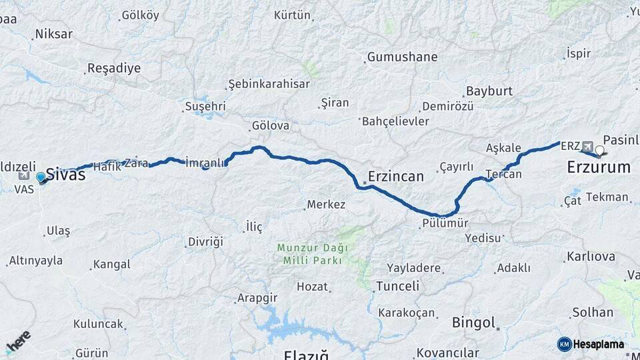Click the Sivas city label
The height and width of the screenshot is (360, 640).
(65, 175)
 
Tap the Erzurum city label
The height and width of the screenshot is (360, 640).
(599, 167)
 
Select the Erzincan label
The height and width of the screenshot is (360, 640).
(396, 177)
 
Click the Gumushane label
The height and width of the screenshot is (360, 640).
(402, 57)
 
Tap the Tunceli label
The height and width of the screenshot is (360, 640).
(397, 286)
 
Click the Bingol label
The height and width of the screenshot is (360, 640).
(473, 323)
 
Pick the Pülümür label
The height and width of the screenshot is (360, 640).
(445, 223)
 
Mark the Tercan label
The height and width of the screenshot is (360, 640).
(504, 174)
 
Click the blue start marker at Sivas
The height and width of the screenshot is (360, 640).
(41, 177)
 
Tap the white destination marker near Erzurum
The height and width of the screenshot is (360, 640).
(599, 151)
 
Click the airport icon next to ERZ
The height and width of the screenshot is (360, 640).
(587, 146)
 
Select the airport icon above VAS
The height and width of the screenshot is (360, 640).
(24, 176)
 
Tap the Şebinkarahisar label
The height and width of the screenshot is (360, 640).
(269, 84)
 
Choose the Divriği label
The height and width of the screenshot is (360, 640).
(205, 241)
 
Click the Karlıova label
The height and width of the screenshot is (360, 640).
(591, 256)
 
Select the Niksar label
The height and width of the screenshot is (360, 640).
(53, 33)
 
